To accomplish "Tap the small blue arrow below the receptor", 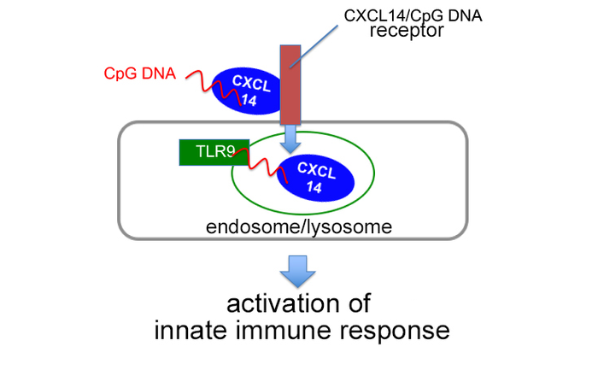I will (293, 134).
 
